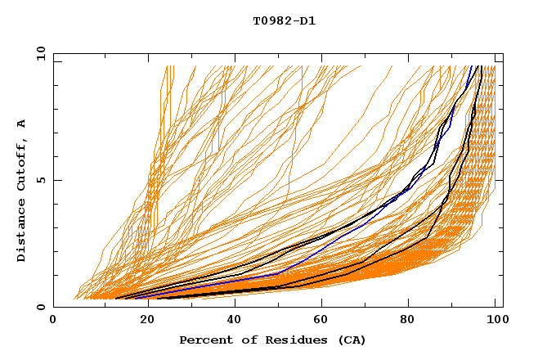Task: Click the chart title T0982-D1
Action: tap(284, 21)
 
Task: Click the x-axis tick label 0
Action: tap(53, 320)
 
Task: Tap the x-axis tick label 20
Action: tap(142, 320)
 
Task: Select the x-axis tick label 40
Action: tap(231, 320)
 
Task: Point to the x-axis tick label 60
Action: tap(319, 320)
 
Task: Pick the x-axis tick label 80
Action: tap(407, 320)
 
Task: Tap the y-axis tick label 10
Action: tap(40, 53)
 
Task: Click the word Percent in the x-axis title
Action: tap(205, 340)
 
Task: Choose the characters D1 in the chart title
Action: tap(308, 21)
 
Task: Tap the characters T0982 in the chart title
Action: tap(272, 21)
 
